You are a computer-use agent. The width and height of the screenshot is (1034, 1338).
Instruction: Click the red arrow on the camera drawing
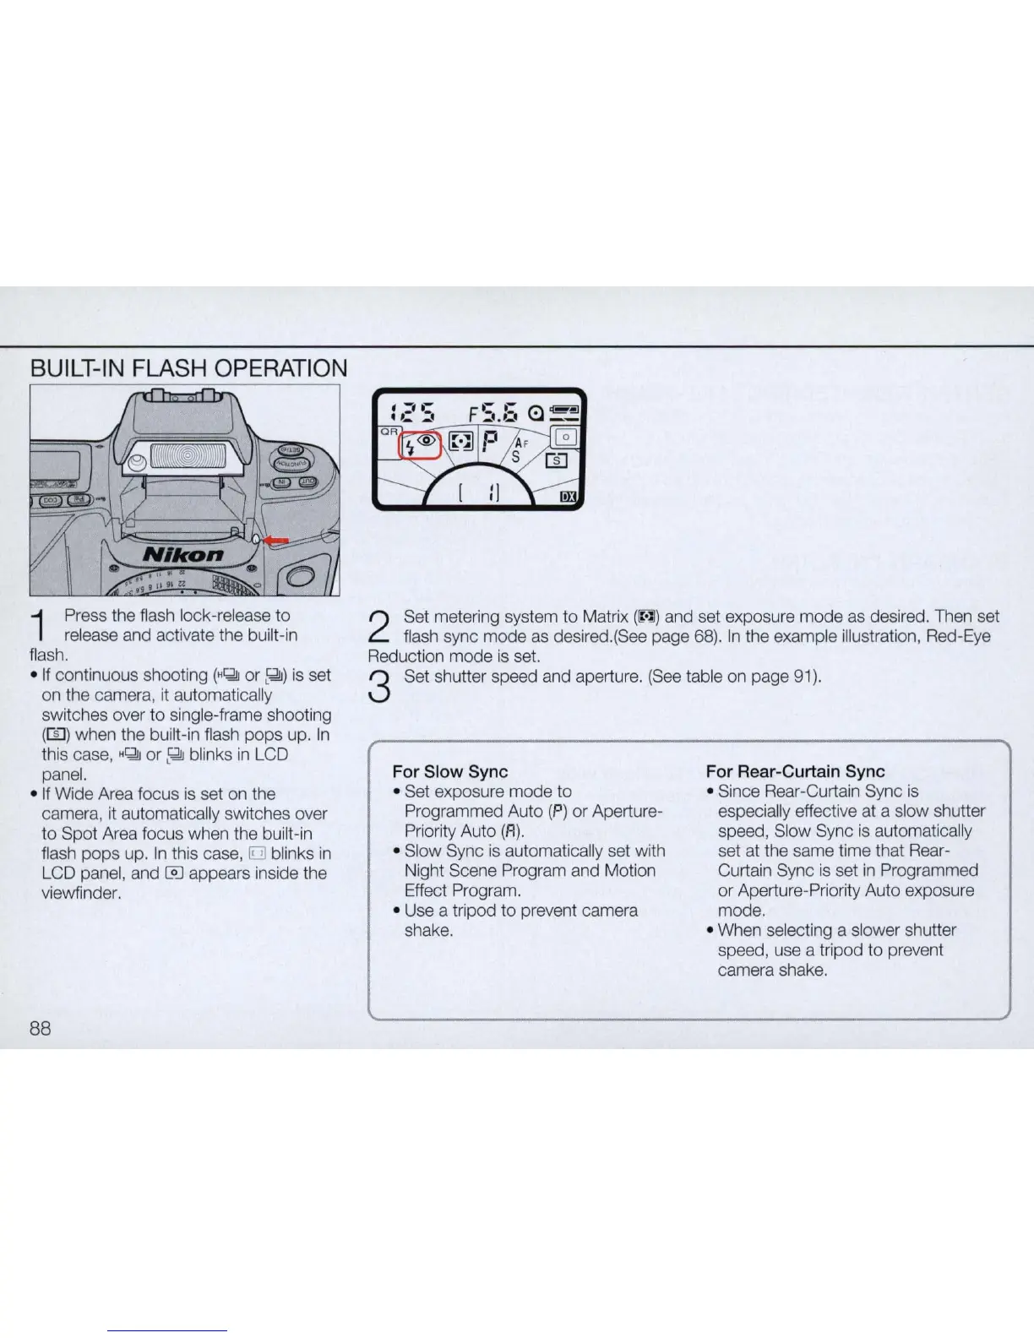point(278,541)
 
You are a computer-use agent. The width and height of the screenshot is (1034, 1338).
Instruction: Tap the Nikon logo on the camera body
point(184,554)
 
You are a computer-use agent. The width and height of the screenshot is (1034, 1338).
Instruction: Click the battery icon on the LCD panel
point(561,413)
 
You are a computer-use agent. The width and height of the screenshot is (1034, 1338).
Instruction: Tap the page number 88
point(41,1028)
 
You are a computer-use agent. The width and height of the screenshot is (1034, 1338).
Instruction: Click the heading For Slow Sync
point(451,771)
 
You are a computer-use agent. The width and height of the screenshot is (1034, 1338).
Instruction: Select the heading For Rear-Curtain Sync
point(795,771)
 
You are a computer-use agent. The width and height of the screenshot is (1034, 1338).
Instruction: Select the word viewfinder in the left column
point(82,893)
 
